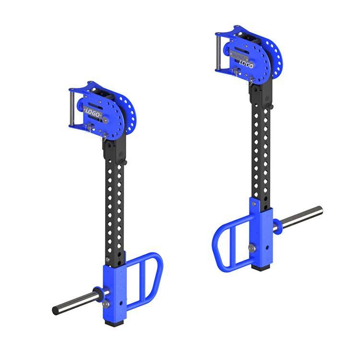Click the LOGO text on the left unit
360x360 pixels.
pos(93,113)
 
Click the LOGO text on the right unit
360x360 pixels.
pos(246,64)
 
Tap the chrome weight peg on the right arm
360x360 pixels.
pos(299,217)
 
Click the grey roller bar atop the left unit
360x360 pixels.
pos(72,108)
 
